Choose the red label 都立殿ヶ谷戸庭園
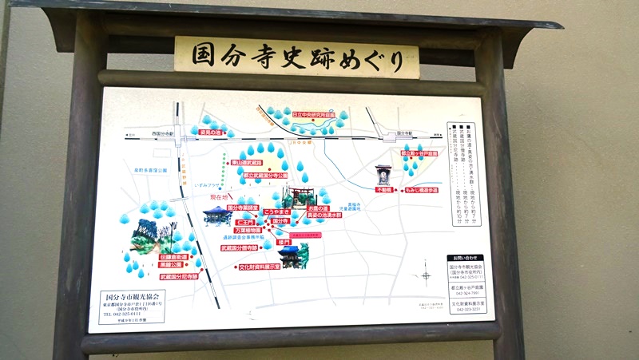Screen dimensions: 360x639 [419, 153]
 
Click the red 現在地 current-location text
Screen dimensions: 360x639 [220, 196]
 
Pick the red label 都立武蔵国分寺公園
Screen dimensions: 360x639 [271, 175]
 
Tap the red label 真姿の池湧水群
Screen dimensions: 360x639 [333, 216]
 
